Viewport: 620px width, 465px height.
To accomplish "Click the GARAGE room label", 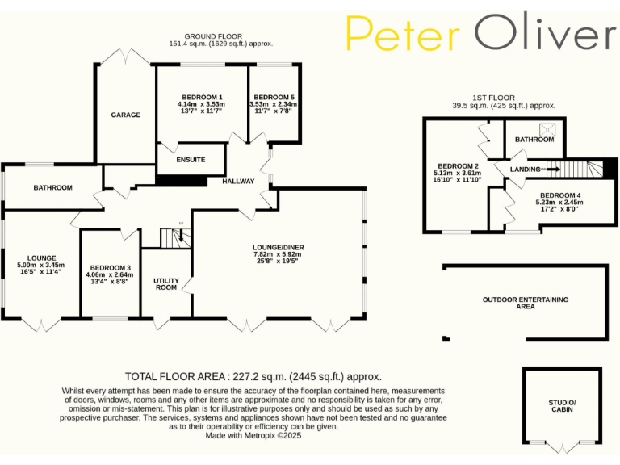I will point(125,115).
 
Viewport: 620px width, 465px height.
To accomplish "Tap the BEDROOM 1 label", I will point(201,98).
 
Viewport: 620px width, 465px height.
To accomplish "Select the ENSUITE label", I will point(191,160).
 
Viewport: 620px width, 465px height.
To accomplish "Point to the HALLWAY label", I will point(238,182).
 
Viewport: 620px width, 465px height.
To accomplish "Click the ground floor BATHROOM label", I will point(52,188).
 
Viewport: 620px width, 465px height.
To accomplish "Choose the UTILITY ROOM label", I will point(165,283).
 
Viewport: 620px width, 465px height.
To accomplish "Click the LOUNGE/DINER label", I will point(278,247).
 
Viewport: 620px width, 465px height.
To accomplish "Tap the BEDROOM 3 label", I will point(111,268).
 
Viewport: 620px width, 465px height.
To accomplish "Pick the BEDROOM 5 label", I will point(272,98).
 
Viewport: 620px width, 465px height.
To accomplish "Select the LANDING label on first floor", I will point(525,170).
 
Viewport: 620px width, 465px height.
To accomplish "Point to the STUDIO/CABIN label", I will point(563,405).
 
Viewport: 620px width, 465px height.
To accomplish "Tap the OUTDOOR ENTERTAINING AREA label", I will point(526,303).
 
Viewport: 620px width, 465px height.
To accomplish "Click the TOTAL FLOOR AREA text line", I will point(253,376).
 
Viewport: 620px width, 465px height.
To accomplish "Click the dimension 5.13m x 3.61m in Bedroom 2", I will point(457,173).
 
